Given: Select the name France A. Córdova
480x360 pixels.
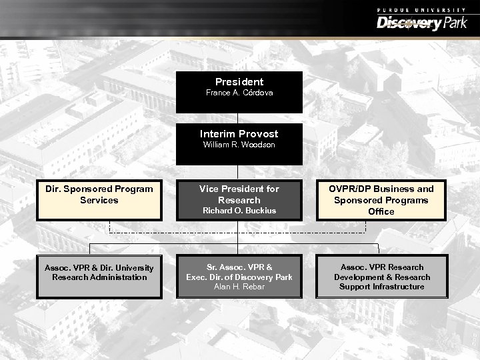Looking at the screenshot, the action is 239,93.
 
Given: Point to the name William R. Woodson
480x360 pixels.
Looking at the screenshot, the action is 239,145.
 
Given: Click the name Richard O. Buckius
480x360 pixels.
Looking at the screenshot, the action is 239,211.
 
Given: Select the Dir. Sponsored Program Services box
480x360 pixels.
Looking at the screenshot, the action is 99,199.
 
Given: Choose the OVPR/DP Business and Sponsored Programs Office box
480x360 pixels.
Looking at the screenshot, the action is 381,199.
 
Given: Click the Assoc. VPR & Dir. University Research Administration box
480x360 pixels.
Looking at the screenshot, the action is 99,275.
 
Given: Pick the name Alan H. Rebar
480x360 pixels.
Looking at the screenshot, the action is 239,287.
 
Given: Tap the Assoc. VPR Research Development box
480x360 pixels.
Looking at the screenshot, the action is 381,277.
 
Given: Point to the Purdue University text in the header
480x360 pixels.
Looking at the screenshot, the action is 421,9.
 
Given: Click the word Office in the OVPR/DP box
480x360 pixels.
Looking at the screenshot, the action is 381,211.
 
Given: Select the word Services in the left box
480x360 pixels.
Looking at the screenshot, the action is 99,200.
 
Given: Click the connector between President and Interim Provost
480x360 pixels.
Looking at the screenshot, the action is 239,118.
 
